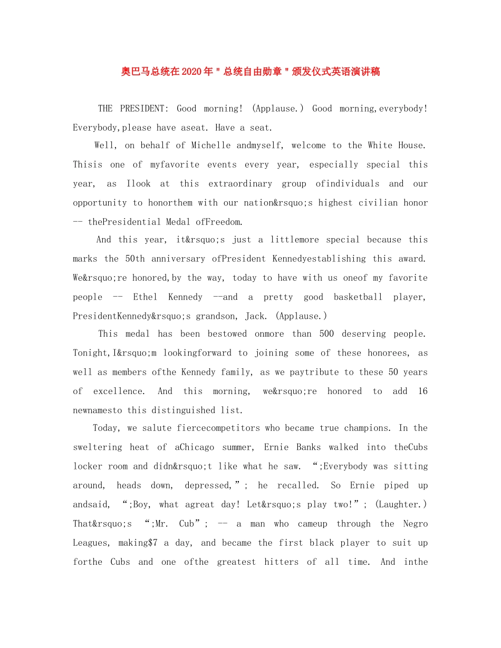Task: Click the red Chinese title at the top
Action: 250,72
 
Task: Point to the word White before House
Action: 380,145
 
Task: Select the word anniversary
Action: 178,259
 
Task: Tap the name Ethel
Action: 145,297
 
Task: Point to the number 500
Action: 326,334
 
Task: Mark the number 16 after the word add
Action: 422,391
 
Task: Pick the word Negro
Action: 415,524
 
